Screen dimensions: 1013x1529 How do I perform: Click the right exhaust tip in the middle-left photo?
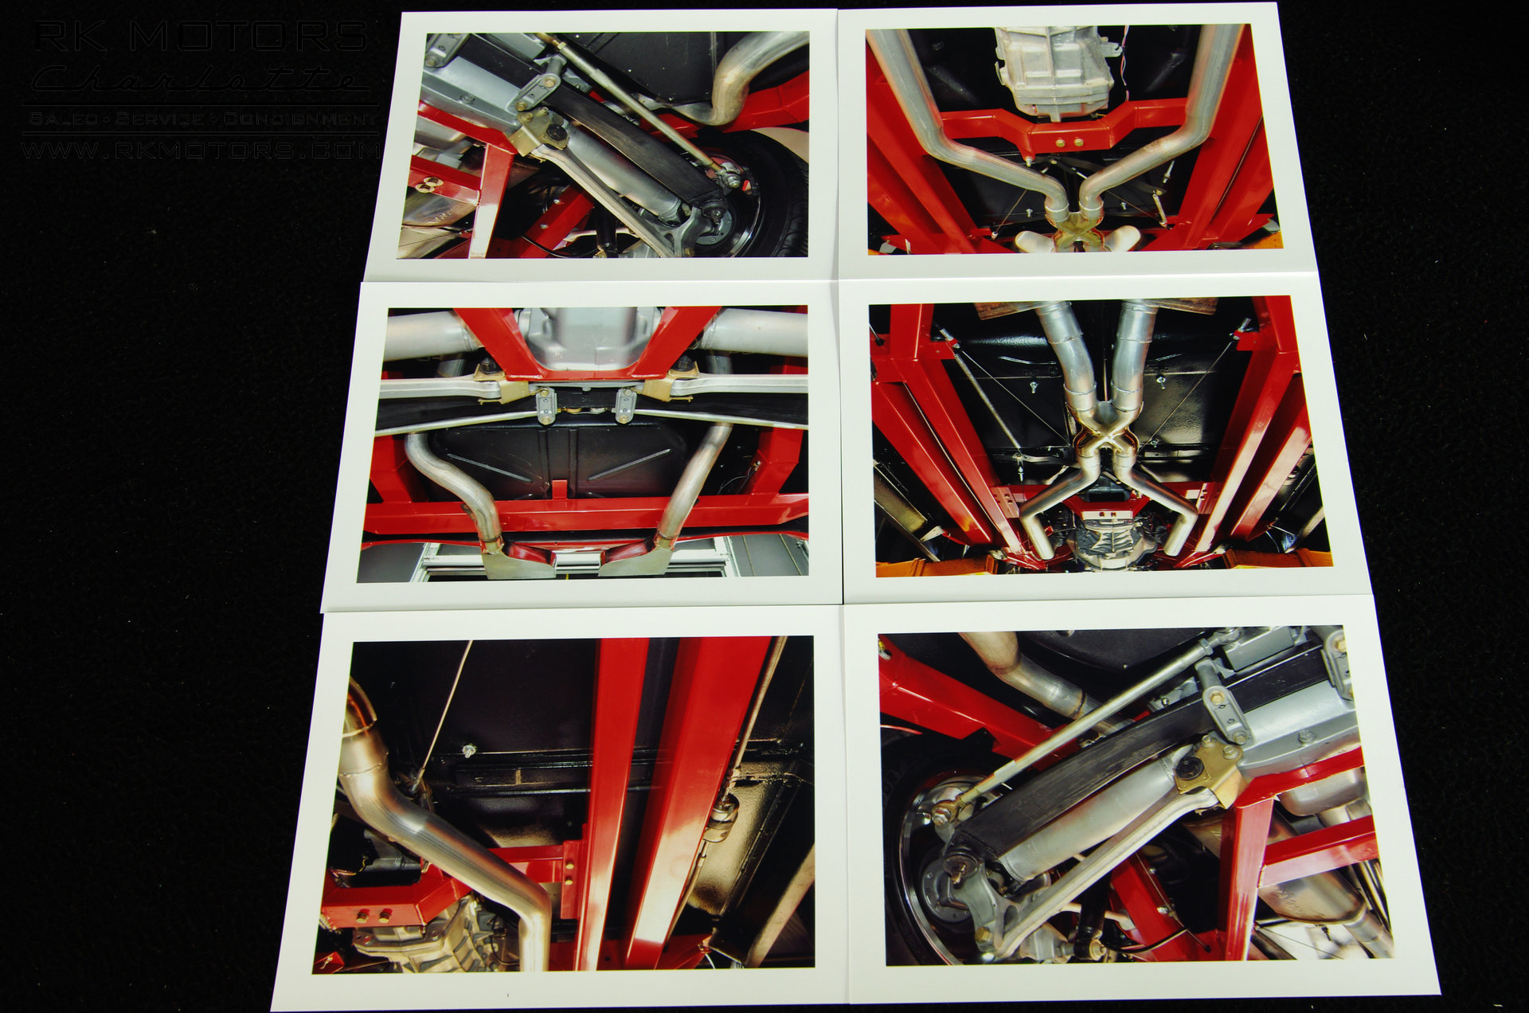pos(637,561)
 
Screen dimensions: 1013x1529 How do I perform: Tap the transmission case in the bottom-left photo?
pos(414,940)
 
